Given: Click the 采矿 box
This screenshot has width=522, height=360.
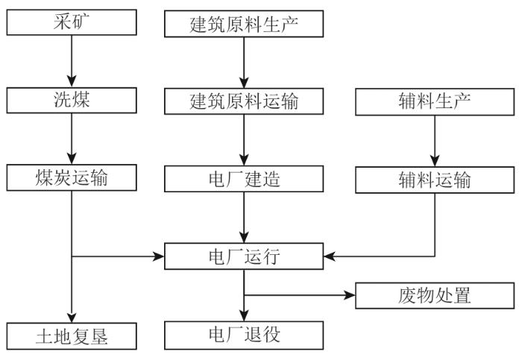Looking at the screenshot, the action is tap(72, 22).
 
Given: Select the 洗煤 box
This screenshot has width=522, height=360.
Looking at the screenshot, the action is tap(72, 100).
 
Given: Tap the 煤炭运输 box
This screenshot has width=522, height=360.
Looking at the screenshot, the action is tap(72, 177).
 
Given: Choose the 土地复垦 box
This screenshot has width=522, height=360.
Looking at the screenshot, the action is tap(72, 336).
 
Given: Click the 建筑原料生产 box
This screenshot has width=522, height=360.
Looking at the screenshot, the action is tap(244, 24).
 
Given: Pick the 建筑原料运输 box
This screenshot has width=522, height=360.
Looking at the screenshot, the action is tap(244, 101).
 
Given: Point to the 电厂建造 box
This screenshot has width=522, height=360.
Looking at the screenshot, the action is tap(244, 179).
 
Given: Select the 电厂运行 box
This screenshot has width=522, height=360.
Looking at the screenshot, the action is tap(244, 256).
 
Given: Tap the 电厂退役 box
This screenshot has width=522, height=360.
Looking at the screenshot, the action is tap(244, 335).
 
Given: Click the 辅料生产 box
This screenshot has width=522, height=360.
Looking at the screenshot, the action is tap(435, 102).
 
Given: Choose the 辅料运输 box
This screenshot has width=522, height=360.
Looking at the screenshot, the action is tap(435, 180).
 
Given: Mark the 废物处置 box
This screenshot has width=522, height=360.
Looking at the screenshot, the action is tap(435, 296).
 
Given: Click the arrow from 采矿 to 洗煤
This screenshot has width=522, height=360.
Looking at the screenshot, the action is tap(72, 61).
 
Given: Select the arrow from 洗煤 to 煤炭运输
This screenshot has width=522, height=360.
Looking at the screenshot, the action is tap(72, 139).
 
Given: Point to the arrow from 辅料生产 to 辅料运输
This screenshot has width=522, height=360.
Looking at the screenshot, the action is tap(435, 141).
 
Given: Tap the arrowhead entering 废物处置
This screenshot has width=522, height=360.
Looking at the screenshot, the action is tap(350, 295).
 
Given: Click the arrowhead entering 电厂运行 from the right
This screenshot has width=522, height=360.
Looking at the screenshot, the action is tap(330, 256).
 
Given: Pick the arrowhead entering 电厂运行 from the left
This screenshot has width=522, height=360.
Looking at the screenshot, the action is tap(158, 256).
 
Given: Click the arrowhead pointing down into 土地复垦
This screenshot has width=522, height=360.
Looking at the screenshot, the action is tap(72, 318).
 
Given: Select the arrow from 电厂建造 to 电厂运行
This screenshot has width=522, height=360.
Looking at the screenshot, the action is tap(244, 218).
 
